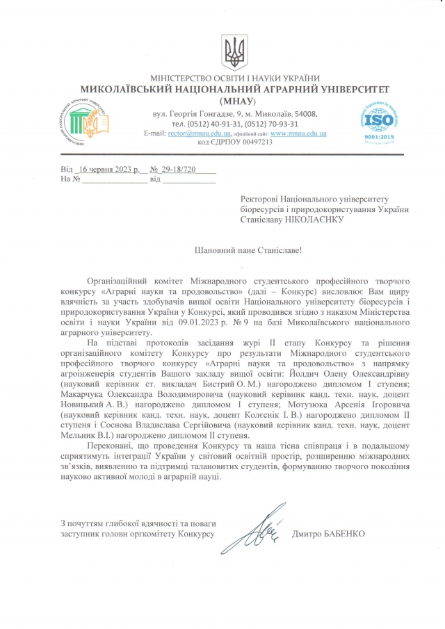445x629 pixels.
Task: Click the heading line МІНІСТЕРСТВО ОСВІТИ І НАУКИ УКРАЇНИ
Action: [234, 79]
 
